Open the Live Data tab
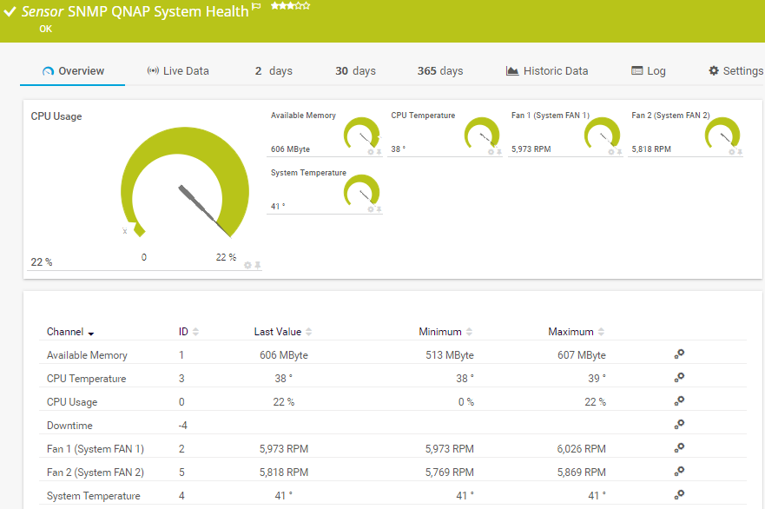[178, 71]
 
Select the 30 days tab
[355, 71]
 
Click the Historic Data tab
[547, 71]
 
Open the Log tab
[649, 71]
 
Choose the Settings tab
[735, 71]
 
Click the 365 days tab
[440, 71]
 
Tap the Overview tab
[73, 71]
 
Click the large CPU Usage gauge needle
[205, 209]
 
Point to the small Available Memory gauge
[361, 136]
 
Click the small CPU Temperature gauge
[482, 136]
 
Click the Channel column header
[65, 332]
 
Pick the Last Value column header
[278, 332]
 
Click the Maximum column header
[571, 332]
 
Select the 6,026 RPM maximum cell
[582, 449]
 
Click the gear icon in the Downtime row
[679, 425]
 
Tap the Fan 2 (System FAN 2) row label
[96, 473]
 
